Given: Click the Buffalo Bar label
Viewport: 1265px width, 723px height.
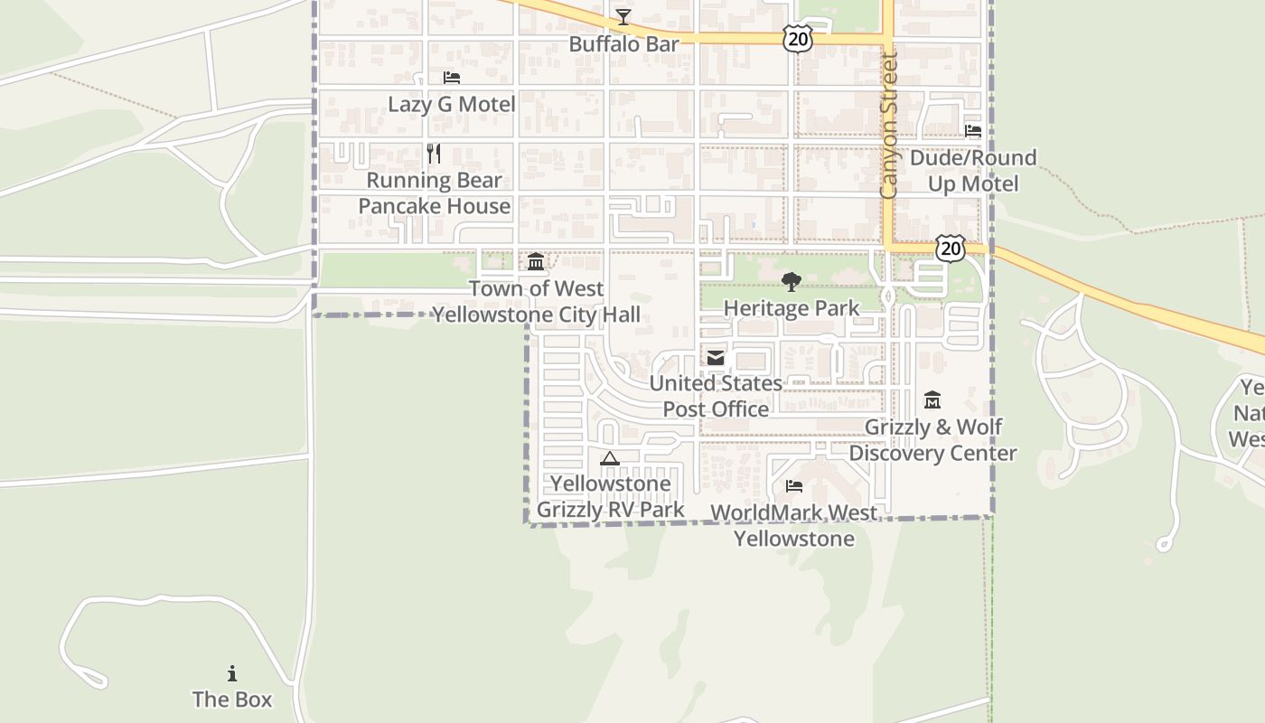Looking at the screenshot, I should point(623,43).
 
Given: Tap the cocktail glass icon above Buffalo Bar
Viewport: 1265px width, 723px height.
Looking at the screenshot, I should point(623,16).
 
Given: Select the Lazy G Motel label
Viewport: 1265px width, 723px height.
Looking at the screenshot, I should point(452,104).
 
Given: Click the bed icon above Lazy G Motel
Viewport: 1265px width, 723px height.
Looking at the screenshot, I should point(452,78).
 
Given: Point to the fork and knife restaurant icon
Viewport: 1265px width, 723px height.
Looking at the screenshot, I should point(434,154).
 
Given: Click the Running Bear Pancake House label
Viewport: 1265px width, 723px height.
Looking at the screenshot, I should point(435,193).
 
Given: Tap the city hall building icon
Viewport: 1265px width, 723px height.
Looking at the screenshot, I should point(536,262).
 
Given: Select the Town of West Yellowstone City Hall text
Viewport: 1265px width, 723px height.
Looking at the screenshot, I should point(536,302).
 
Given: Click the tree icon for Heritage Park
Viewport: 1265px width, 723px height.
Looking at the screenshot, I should point(792,282).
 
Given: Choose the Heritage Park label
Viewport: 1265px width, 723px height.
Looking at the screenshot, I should point(792,308).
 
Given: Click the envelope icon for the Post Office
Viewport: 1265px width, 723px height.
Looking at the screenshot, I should point(716,358).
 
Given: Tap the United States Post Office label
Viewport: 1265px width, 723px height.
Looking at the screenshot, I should point(716,396).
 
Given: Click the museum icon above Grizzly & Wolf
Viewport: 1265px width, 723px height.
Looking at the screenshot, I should point(932,399).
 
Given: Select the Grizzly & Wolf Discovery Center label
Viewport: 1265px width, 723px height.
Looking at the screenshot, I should point(932,439).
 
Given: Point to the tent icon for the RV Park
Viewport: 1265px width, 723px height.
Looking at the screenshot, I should point(610,458).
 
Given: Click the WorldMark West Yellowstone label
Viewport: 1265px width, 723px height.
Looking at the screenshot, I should point(793,525).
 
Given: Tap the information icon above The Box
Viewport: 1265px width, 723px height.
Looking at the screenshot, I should point(232,673).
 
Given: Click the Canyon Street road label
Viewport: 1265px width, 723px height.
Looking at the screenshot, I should point(888,127).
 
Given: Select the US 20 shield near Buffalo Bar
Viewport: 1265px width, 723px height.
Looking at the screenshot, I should point(798,39).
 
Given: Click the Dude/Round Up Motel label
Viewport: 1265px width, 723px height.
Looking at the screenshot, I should point(972,171).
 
